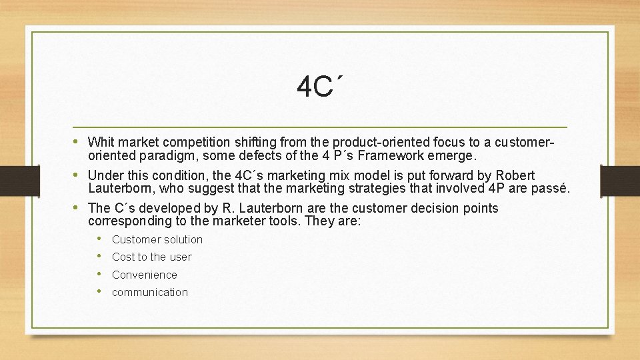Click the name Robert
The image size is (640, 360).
515,175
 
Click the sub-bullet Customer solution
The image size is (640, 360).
157,239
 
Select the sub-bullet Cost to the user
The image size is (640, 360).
151,257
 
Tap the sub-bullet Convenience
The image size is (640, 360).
145,275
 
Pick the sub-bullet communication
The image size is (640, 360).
150,292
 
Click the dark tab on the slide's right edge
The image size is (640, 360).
621,180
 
